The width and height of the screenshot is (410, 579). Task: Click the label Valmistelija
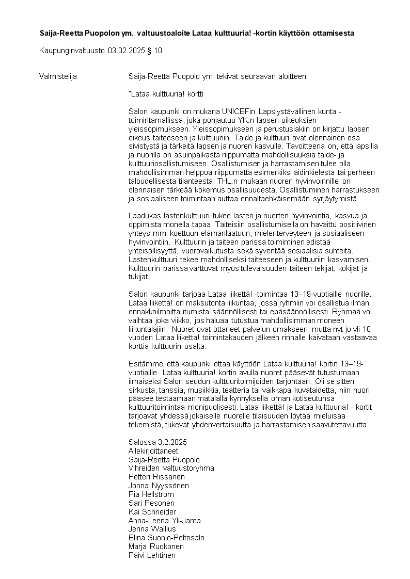pos(58,76)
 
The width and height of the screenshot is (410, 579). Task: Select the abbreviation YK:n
pos(245,120)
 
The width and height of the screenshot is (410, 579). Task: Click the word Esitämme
pos(145,364)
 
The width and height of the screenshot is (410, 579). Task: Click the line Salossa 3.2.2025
pos(157,442)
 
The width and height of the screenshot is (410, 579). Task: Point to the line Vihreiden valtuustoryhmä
pos(171,468)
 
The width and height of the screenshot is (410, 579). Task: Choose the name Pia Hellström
pos(151,494)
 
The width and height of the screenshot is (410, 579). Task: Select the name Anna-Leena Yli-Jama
pos(164,521)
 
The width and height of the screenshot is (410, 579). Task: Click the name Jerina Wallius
pos(152,529)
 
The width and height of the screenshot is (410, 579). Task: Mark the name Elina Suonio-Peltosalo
pos(166,538)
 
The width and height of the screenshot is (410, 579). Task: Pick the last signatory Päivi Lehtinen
pos(152,555)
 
